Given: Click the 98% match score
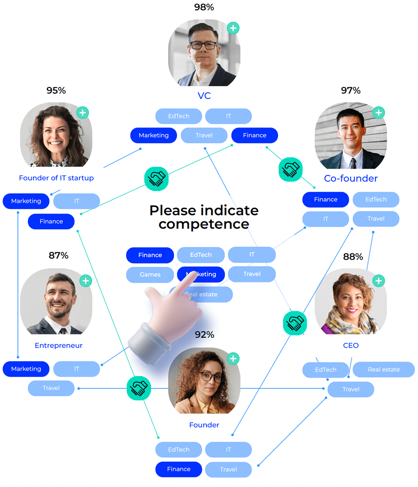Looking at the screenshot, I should (x=204, y=7).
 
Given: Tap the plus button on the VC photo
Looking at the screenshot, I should (x=233, y=28).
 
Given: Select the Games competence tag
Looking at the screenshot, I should (x=150, y=275).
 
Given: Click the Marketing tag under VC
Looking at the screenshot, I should (x=154, y=135).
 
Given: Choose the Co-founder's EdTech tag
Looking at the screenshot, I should (x=376, y=200).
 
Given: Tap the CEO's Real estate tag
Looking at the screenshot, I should (x=384, y=369).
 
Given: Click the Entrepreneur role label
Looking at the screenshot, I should (x=59, y=345).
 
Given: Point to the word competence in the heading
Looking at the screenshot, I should (x=204, y=224).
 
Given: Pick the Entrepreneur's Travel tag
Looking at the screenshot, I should (x=51, y=388).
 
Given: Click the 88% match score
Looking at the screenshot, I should (x=353, y=257).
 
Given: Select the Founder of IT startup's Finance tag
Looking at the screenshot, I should (x=51, y=222).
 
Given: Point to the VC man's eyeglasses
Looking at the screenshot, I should (x=203, y=45).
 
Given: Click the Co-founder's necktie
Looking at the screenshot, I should (x=353, y=163).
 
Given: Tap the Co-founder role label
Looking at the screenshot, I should (x=351, y=179).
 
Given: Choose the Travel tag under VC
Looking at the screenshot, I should (x=204, y=135).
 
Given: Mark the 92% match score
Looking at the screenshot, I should (x=204, y=335).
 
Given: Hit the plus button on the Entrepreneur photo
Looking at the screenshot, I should (x=85, y=281).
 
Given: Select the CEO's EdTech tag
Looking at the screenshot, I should (x=326, y=370).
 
